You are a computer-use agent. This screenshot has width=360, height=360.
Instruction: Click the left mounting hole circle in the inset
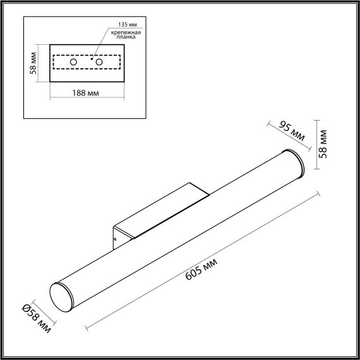(x=74, y=63)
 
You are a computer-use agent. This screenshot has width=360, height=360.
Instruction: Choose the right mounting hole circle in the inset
(x=99, y=63)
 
